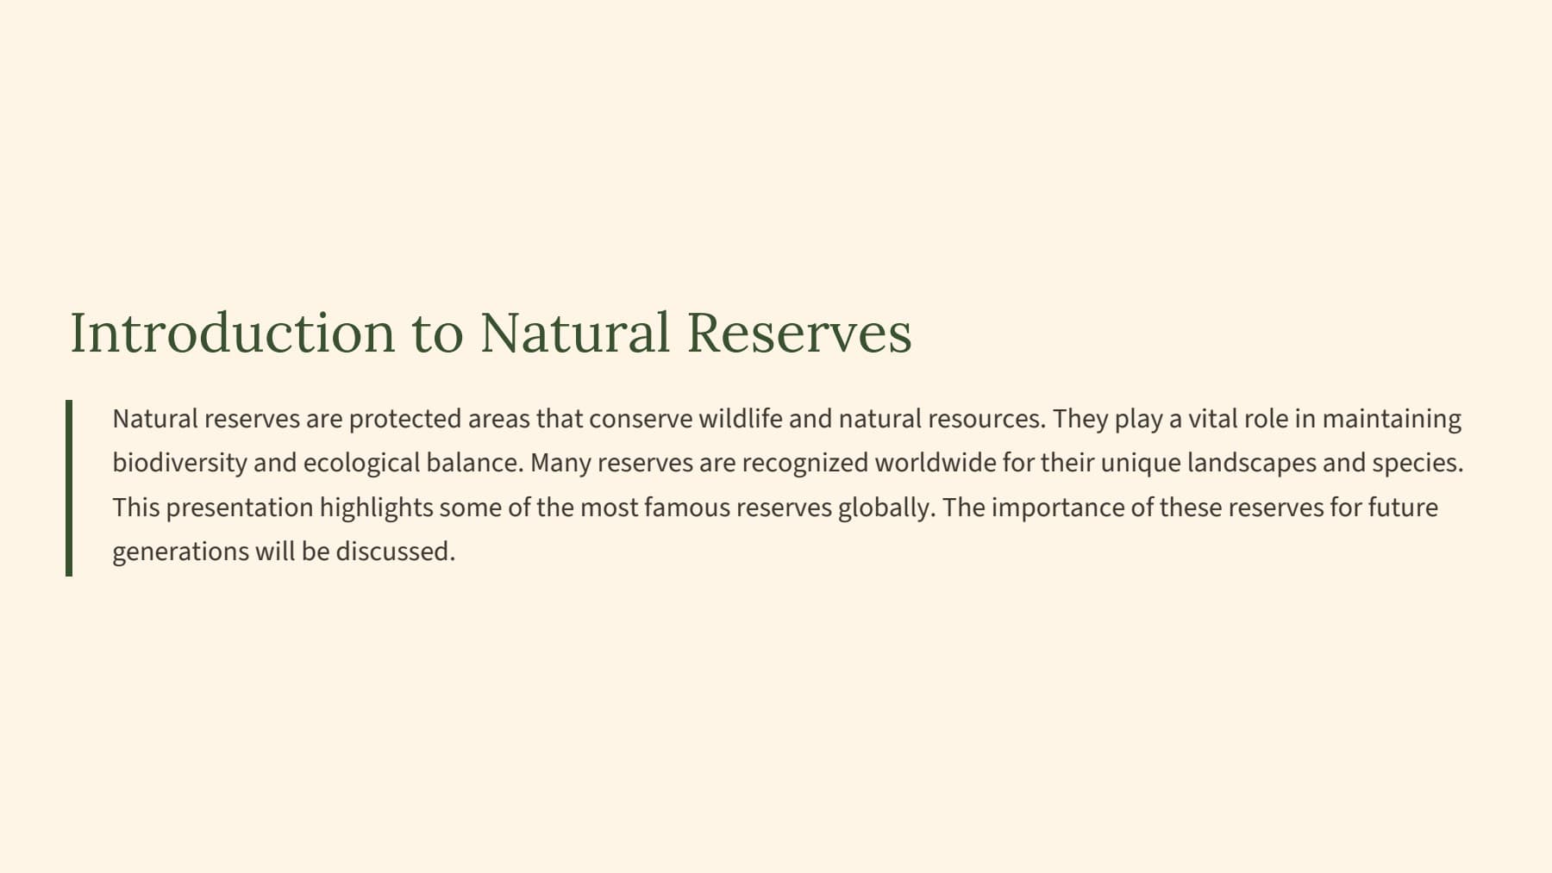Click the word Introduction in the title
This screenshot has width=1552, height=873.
click(x=232, y=332)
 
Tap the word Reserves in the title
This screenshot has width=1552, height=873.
click(x=799, y=332)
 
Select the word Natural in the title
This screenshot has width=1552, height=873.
click(x=575, y=332)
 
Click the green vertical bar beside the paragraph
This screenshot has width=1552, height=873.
click(x=69, y=488)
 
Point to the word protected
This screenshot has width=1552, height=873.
click(x=405, y=420)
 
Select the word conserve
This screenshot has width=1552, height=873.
click(x=641, y=420)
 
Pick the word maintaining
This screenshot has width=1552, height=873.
click(x=1392, y=420)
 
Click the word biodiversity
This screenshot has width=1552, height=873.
click(x=180, y=464)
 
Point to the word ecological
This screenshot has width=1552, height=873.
click(x=361, y=464)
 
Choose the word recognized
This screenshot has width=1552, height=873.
click(x=804, y=464)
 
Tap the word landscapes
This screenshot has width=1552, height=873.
click(x=1251, y=464)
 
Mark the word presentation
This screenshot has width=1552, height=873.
click(x=240, y=508)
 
